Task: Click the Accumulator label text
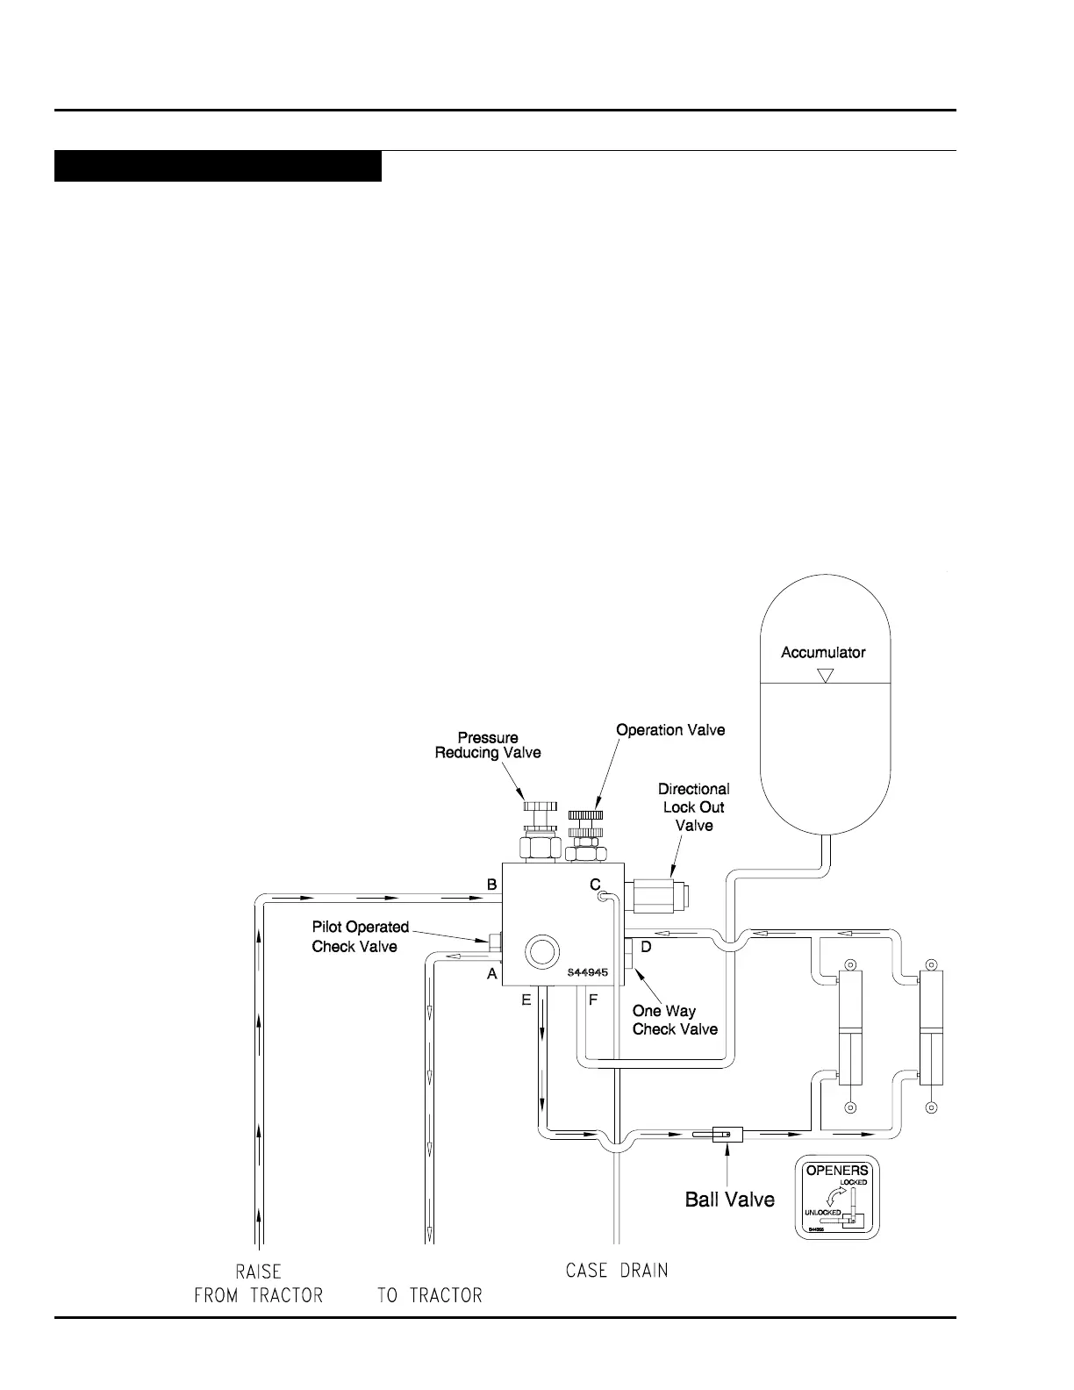(x=823, y=652)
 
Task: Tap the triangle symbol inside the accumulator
(x=824, y=677)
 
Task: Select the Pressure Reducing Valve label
(x=488, y=745)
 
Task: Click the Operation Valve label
(x=670, y=729)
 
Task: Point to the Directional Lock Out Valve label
(x=693, y=807)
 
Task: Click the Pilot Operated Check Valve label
(x=360, y=936)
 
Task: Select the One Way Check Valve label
(x=674, y=1020)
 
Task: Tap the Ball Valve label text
(x=729, y=1199)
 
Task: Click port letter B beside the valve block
(x=492, y=885)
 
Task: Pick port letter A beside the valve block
(x=492, y=974)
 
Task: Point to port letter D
(x=646, y=947)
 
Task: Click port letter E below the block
(x=526, y=1000)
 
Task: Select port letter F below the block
(x=593, y=1000)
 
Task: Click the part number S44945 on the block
(x=587, y=972)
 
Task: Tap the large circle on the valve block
(x=541, y=951)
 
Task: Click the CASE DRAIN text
(x=617, y=1270)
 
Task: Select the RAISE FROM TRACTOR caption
(x=258, y=1282)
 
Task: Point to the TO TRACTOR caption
(x=429, y=1295)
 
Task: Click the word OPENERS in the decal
(x=837, y=1170)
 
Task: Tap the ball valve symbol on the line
(x=727, y=1134)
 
